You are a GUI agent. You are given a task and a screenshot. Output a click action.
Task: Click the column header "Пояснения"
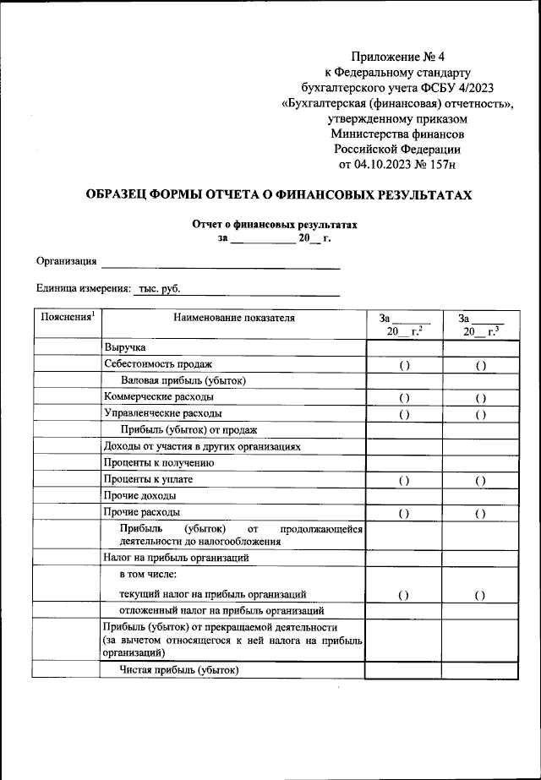pyautogui.click(x=66, y=318)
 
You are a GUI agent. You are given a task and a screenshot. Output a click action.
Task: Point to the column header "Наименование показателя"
pyautogui.click(x=233, y=319)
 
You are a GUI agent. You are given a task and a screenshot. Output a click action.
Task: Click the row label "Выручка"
pyautogui.click(x=125, y=347)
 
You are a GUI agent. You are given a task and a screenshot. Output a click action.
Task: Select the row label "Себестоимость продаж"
pyautogui.click(x=158, y=363)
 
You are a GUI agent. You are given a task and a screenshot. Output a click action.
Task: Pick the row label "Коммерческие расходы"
pyautogui.click(x=159, y=396)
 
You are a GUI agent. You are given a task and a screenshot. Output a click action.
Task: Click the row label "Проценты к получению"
pyautogui.click(x=159, y=462)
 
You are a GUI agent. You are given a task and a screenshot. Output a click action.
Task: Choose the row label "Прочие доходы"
pyautogui.click(x=139, y=495)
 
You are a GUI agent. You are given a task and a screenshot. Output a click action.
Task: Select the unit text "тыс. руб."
pyautogui.click(x=159, y=288)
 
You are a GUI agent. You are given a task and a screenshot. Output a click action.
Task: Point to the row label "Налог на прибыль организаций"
pyautogui.click(x=176, y=557)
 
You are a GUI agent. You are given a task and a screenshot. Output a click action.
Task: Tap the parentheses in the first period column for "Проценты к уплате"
pyautogui.click(x=403, y=480)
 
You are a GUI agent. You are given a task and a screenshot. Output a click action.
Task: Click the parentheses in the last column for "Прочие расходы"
pyautogui.click(x=479, y=513)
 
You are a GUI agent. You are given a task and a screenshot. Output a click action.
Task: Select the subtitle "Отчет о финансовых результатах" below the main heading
pyautogui.click(x=275, y=226)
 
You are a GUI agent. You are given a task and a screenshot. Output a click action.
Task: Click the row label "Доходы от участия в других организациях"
pyautogui.click(x=201, y=446)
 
